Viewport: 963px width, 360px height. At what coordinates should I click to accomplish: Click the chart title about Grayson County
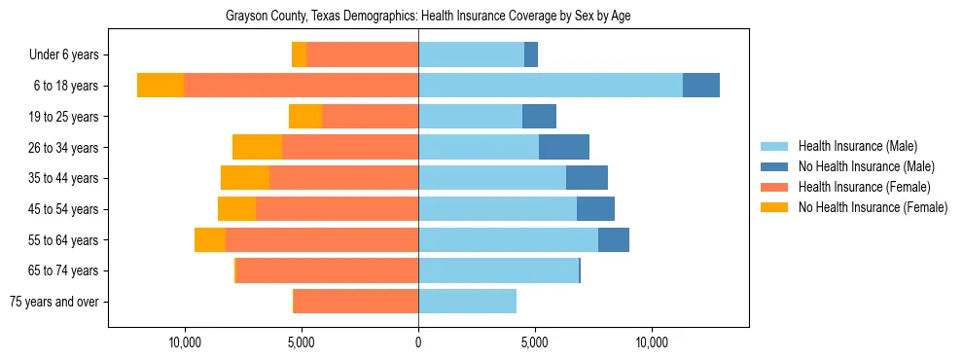click(x=428, y=17)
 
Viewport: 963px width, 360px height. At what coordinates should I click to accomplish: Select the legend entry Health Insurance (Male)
click(x=857, y=146)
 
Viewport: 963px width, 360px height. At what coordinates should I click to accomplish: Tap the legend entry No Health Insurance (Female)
click(x=873, y=207)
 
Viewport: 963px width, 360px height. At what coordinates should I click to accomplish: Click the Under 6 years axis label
click(x=63, y=55)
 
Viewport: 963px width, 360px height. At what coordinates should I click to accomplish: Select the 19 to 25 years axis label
click(x=63, y=117)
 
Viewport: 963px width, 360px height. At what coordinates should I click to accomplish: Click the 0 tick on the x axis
click(x=418, y=342)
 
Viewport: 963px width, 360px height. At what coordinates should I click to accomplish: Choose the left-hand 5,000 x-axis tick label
click(x=302, y=342)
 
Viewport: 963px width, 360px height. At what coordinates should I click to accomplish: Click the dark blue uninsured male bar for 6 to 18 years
click(x=700, y=86)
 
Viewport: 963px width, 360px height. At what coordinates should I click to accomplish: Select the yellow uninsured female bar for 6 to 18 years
click(x=160, y=86)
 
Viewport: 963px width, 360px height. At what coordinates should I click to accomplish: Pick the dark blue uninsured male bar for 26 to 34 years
click(x=564, y=147)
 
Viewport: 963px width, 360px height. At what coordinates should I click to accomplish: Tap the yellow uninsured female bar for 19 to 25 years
click(x=305, y=117)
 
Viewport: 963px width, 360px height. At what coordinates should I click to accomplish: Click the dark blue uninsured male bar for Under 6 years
click(x=531, y=54)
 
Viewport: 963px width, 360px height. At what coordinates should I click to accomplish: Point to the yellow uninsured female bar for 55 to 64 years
click(x=210, y=239)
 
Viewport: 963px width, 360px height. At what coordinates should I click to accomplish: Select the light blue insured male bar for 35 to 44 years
click(x=492, y=178)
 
